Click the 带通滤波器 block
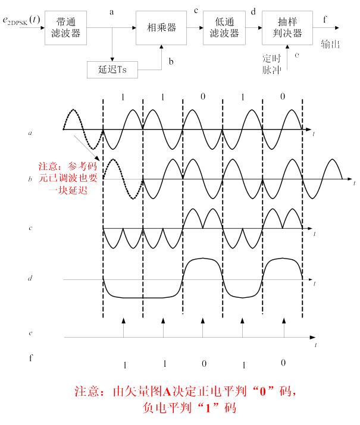[x=65, y=28]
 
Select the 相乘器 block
[x=161, y=28]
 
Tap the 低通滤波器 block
[x=224, y=28]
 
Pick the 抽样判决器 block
[x=287, y=28]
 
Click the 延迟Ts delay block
[x=112, y=70]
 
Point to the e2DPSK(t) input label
[x=21, y=20]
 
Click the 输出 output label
[x=330, y=44]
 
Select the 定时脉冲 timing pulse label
[x=271, y=64]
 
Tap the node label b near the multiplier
[x=171, y=62]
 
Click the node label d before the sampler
[x=253, y=11]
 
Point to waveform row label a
[x=30, y=133]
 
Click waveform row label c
[x=30, y=228]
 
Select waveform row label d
[x=30, y=278]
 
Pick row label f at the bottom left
[x=31, y=358]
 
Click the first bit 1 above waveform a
[x=123, y=97]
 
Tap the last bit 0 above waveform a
[x=283, y=96]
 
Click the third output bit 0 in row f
[x=204, y=363]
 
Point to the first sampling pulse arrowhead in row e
[x=123, y=320]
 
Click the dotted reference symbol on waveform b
[x=123, y=179]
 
